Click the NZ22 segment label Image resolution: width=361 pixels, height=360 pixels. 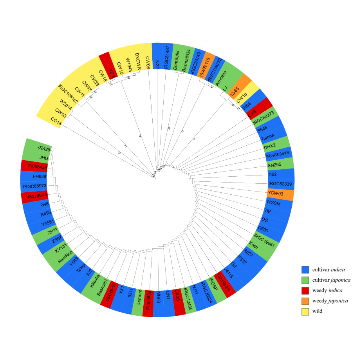(x=157, y=64)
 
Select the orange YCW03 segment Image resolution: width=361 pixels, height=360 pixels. (x=280, y=194)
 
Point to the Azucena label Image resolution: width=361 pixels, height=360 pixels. (x=221, y=78)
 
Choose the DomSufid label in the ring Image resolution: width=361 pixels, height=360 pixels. (x=176, y=60)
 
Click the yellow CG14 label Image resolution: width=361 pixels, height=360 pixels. (x=56, y=122)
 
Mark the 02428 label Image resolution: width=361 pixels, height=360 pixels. (x=44, y=148)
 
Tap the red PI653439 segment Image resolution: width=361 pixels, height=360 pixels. (x=34, y=166)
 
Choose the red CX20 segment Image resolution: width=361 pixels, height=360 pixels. (x=178, y=302)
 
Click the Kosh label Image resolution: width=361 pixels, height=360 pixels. (x=254, y=246)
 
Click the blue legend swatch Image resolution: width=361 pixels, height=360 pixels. (x=305, y=270)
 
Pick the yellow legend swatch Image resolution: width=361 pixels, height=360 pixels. (x=305, y=312)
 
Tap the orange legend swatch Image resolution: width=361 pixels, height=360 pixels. (x=305, y=301)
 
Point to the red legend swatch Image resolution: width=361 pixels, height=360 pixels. (x=305, y=291)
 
